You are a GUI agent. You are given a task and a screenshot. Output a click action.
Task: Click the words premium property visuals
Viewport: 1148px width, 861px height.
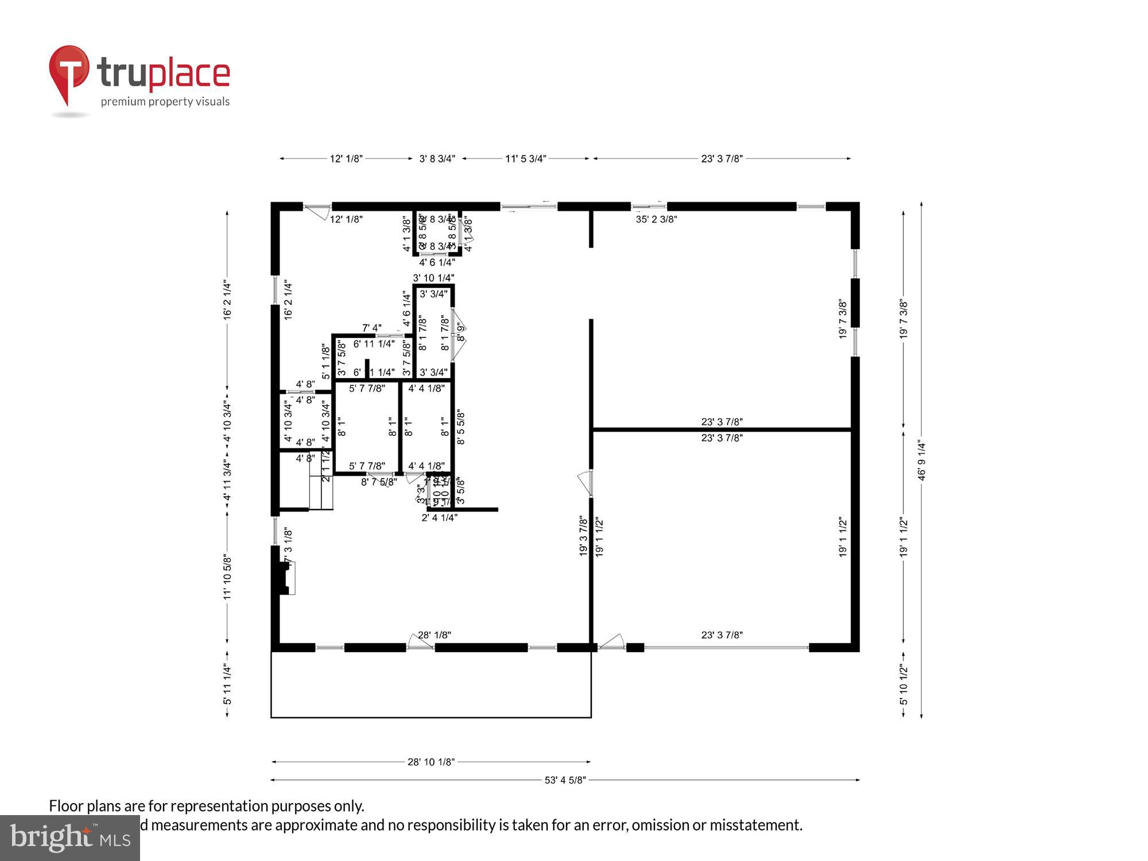coord(165,102)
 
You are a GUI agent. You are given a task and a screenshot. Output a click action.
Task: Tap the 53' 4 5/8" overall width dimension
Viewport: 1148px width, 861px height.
coord(565,780)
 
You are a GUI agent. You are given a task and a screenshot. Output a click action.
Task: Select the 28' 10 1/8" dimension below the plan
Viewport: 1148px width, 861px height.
coord(431,762)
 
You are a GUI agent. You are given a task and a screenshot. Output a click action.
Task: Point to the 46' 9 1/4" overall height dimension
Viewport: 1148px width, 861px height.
coord(921,460)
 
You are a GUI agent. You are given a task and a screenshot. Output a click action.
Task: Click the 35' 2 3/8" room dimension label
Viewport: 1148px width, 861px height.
coord(656,219)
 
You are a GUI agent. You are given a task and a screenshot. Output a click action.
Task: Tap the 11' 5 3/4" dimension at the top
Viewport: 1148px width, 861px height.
coord(525,158)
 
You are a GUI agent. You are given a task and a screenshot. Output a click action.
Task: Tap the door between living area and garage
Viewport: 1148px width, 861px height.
coord(585,482)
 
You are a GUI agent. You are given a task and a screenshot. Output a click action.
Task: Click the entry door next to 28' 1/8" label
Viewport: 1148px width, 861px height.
coord(420,642)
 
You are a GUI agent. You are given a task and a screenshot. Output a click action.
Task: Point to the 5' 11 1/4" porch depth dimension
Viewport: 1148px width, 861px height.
coord(227,684)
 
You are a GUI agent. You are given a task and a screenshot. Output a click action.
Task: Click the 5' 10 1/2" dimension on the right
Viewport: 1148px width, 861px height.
coord(903,684)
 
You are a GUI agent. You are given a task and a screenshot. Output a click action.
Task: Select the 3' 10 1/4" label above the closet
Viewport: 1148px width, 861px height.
coord(433,278)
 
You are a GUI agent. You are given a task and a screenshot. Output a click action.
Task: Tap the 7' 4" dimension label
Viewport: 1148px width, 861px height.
coord(371,328)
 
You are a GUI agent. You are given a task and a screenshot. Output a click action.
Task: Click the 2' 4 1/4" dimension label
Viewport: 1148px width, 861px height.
coord(439,518)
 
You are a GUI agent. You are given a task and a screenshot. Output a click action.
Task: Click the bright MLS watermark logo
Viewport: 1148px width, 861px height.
coord(70,838)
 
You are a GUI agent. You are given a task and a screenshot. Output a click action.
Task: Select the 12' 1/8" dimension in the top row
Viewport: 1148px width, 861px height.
coord(346,158)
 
